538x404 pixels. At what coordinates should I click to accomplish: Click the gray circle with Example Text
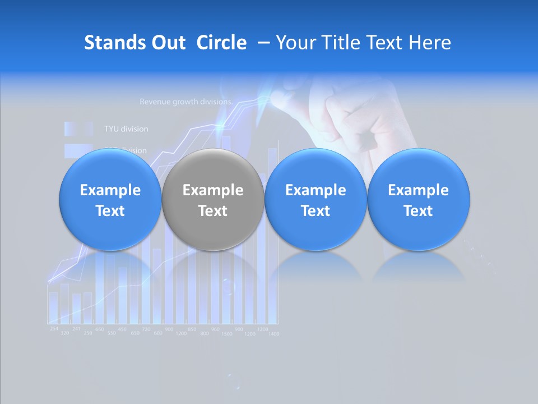coord(213,200)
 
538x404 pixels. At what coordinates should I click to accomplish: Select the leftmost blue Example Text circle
coord(110,200)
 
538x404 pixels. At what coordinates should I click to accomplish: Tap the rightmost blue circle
coord(418,200)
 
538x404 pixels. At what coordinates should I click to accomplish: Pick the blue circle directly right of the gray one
coord(316,200)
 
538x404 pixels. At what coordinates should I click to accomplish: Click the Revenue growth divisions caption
coord(186,102)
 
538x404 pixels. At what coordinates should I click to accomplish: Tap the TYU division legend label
coord(126,129)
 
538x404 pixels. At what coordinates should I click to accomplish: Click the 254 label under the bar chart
coord(54,328)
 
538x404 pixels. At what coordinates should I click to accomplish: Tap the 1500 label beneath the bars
coord(227,334)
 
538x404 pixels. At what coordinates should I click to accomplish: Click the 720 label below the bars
coord(146,328)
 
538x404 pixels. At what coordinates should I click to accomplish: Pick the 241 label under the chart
coord(76,328)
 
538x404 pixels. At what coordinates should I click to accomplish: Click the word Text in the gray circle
coord(213,211)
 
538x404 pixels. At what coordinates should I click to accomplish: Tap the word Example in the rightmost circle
coord(418,190)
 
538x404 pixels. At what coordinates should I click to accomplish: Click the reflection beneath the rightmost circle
coord(418,266)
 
